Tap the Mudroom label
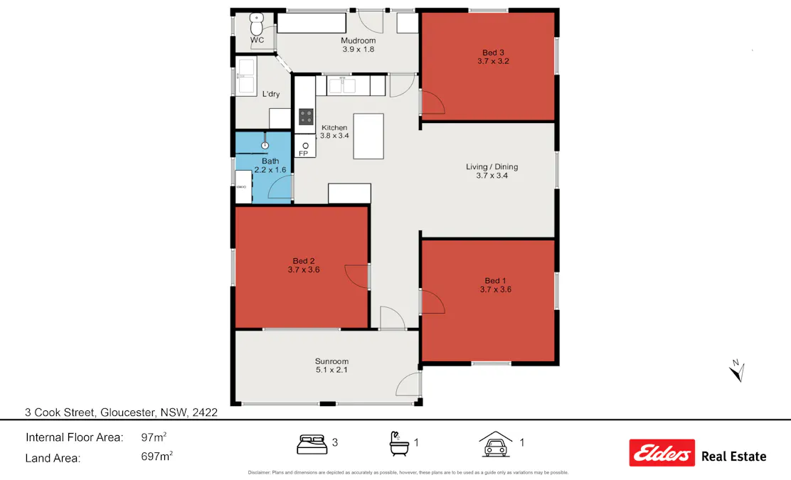point(358,41)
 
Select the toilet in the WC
point(257,25)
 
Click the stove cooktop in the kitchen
point(306,117)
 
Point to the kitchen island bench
point(368,137)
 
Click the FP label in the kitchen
point(303,154)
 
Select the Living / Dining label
point(492,167)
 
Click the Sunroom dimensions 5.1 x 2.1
point(331,370)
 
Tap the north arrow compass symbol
point(738,370)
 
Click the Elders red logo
point(662,453)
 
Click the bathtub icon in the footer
point(398,444)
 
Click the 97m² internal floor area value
point(154,437)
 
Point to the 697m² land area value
point(157,457)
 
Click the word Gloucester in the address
point(128,412)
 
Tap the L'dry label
point(270,95)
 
